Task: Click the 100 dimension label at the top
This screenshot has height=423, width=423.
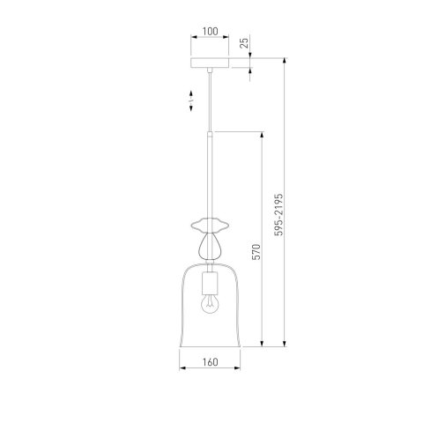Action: [210, 32]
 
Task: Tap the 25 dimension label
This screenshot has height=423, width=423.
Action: [244, 42]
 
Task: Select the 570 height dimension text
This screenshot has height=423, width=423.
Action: [256, 252]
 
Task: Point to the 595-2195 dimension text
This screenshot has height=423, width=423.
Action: [278, 214]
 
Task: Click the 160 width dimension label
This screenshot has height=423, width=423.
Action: [210, 362]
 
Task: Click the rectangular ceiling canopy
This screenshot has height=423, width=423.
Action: [210, 63]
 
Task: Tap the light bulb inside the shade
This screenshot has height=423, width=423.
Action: [210, 304]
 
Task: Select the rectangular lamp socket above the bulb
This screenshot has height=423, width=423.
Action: [210, 284]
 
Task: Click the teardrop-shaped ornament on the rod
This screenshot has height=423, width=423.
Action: [210, 246]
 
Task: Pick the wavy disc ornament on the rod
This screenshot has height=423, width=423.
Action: [210, 225]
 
